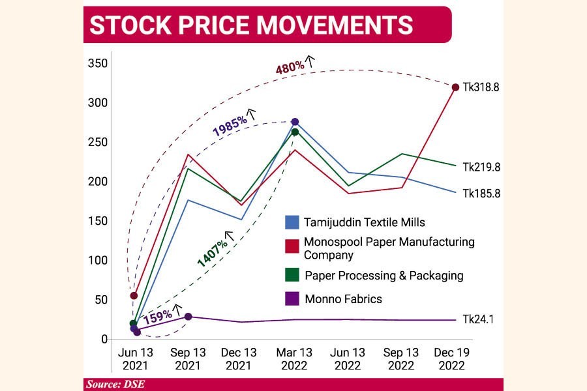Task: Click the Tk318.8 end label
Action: pyautogui.click(x=481, y=87)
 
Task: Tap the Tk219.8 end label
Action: pyautogui.click(x=481, y=167)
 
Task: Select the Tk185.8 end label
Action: pyautogui.click(x=481, y=193)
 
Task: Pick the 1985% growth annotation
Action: pyautogui.click(x=229, y=126)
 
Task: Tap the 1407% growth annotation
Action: pyautogui.click(x=213, y=252)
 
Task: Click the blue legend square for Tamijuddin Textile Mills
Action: pyautogui.click(x=292, y=223)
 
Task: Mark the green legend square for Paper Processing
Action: pyautogui.click(x=292, y=275)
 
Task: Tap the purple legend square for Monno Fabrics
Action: pyautogui.click(x=292, y=299)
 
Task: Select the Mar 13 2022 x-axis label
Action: pyautogui.click(x=295, y=358)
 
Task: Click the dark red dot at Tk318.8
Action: pyautogui.click(x=455, y=87)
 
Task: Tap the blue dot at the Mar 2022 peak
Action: pyautogui.click(x=295, y=122)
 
